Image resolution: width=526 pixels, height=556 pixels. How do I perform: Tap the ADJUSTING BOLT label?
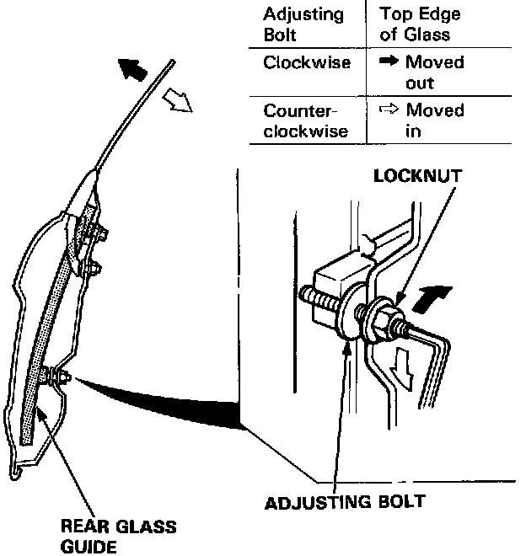pos(345,503)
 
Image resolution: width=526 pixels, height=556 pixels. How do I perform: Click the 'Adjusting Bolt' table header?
pos(303,24)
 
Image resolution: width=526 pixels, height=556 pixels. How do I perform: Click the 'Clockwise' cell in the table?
pos(307,62)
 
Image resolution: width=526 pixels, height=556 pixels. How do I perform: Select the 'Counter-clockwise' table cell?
pos(301,120)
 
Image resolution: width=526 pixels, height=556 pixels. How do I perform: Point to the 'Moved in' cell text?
pos(434,120)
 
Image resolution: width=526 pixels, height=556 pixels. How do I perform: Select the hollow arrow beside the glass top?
pos(179,102)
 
